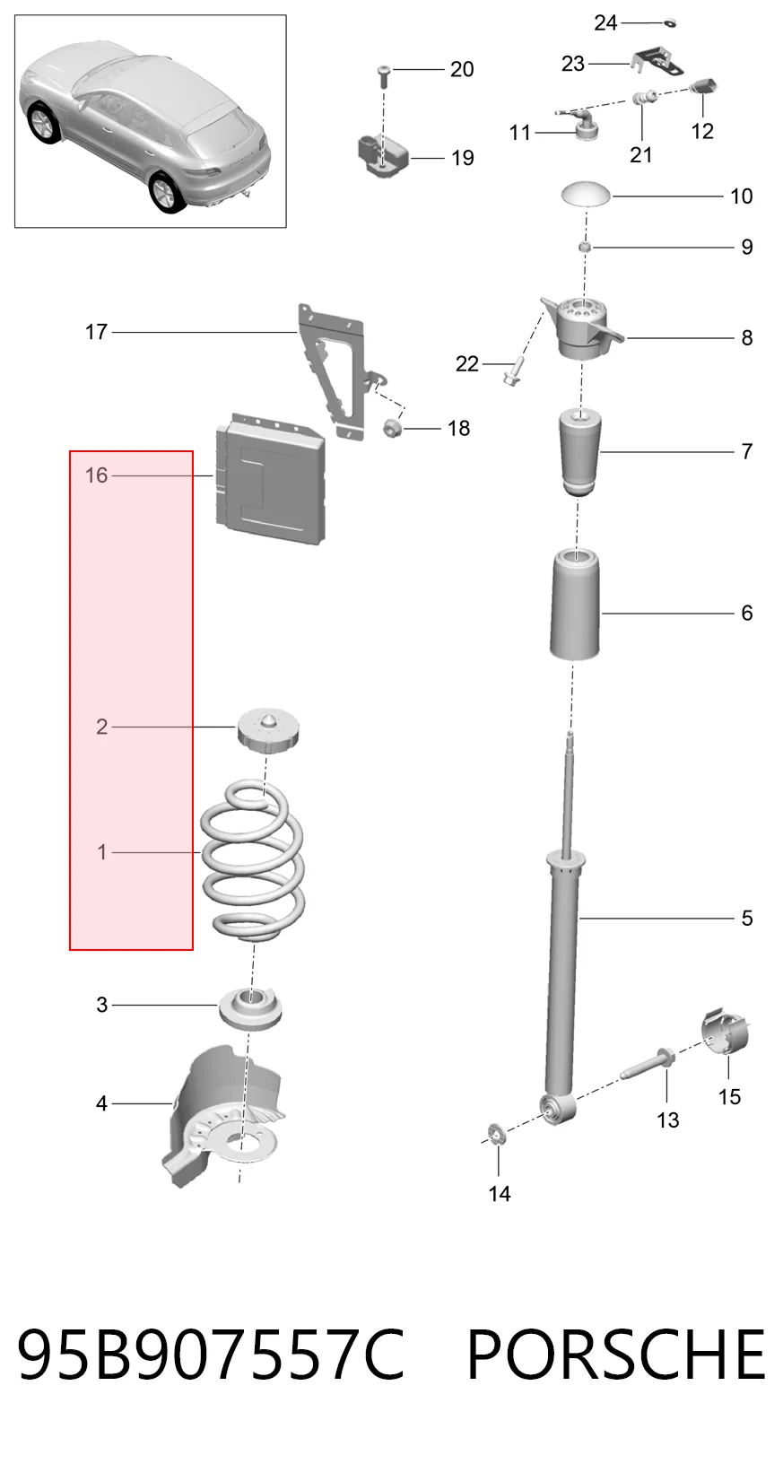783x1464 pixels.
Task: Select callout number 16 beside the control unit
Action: [x=96, y=475]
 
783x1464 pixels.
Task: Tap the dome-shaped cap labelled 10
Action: [x=586, y=194]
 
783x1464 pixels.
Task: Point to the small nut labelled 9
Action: [x=585, y=247]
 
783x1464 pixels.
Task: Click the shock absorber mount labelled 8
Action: [x=582, y=327]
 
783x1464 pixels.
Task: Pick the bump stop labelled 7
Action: [x=579, y=452]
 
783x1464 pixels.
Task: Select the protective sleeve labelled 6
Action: [x=575, y=605]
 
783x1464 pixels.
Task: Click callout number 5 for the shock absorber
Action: [x=747, y=918]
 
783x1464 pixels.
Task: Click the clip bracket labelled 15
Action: [x=725, y=1033]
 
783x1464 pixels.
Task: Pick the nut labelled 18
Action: [x=392, y=428]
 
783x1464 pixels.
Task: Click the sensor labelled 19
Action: [x=382, y=154]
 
